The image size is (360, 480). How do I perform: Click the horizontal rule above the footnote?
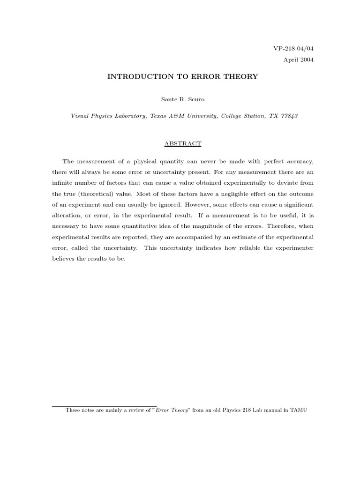[x=104, y=406]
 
